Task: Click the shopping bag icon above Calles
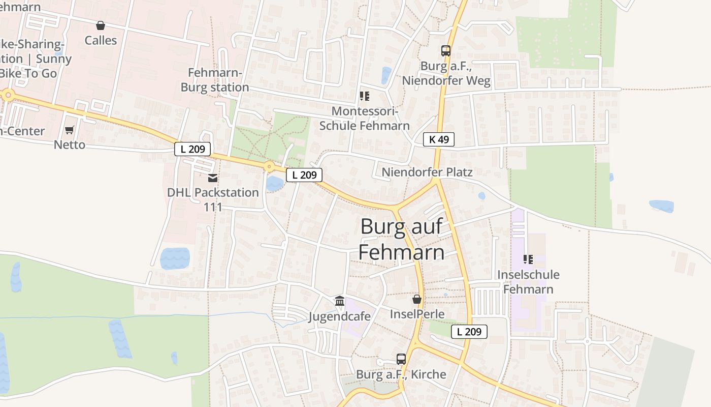tap(101, 25)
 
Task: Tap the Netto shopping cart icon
tap(70, 130)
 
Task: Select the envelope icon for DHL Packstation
tap(213, 178)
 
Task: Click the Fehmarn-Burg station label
tap(215, 80)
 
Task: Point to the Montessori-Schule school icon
tap(364, 96)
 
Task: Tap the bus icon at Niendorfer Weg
tap(446, 51)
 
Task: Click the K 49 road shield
tap(438, 139)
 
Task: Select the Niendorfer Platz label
tap(427, 172)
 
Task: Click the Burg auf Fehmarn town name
tap(401, 239)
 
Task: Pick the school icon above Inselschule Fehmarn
tap(528, 259)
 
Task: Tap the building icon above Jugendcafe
tap(340, 301)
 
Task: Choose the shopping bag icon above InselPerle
tap(417, 299)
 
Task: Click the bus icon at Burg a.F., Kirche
tap(401, 359)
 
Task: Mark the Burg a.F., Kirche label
tap(401, 374)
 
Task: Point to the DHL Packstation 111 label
tap(213, 199)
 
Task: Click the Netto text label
tap(70, 145)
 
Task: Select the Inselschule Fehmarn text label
tap(528, 282)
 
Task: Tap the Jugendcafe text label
tap(340, 316)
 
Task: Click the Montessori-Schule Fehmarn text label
tap(364, 118)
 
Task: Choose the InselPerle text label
tap(417, 314)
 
